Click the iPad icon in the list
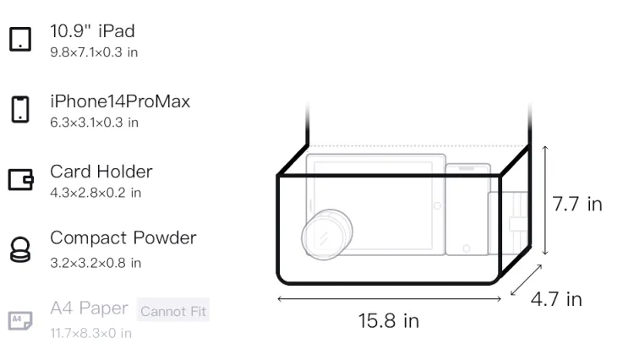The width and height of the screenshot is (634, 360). click(20, 39)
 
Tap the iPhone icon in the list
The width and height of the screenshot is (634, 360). click(20, 109)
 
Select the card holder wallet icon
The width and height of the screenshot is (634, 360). click(20, 179)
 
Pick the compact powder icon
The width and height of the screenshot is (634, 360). click(19, 249)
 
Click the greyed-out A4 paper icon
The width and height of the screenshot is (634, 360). click(20, 320)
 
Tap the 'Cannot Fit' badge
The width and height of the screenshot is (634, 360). click(173, 310)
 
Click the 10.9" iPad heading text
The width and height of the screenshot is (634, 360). click(92, 31)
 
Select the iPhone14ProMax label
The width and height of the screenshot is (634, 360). click(120, 101)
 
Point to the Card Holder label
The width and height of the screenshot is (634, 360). click(101, 172)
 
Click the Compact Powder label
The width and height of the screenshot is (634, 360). click(123, 238)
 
